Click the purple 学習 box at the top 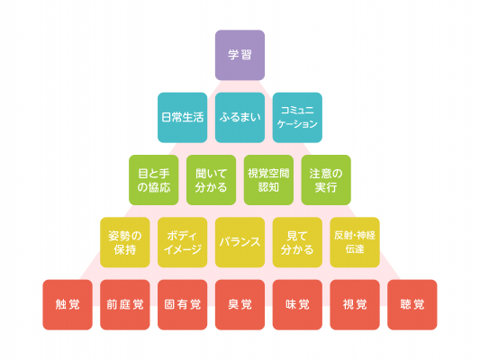tap(240, 55)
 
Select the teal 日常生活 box tap(183, 118)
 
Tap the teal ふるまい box tap(240, 118)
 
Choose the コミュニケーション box tap(297, 118)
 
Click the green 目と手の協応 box tap(154, 180)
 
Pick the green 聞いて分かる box tap(212, 180)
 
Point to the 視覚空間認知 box tap(268, 180)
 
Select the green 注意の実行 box tap(326, 180)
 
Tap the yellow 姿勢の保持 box tap(125, 242)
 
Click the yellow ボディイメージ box tap(183, 242)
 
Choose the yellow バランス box tap(240, 242)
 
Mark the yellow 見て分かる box tap(297, 242)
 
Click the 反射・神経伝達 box tap(355, 242)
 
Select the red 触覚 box tap(68, 304)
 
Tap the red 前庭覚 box tap(125, 304)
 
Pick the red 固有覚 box tap(183, 304)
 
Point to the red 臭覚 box tap(240, 304)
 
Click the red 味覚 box tap(297, 304)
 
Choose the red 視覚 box tap(355, 304)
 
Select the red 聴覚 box tap(412, 304)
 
